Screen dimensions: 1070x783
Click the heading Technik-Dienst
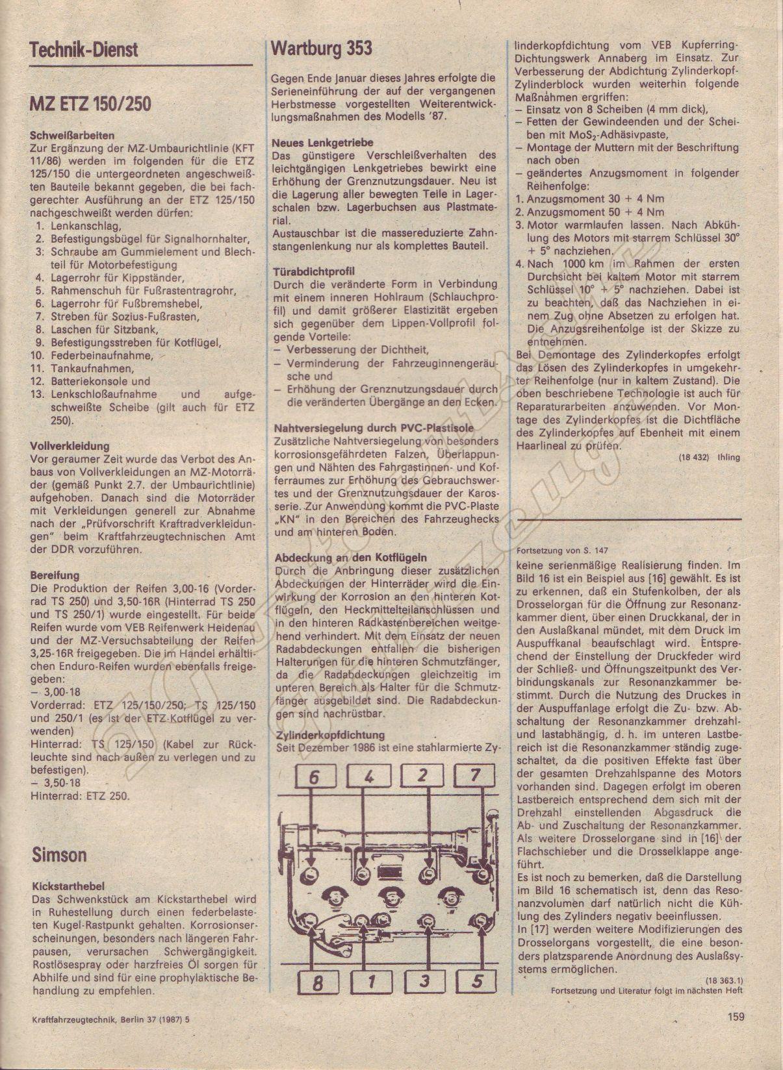pyautogui.click(x=84, y=51)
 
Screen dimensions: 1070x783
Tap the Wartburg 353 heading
pyautogui.click(x=322, y=48)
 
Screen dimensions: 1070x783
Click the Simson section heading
pyautogui.click(x=59, y=854)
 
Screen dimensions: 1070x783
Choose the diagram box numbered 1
pyautogui.click(x=371, y=981)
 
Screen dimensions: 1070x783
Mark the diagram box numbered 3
pyautogui.click(x=424, y=981)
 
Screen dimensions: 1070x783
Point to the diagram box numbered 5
pyautogui.click(x=478, y=981)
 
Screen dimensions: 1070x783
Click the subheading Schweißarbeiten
pyautogui.click(x=72, y=136)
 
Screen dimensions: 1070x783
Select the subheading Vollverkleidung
pyautogui.click(x=70, y=446)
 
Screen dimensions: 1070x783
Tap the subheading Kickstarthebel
pyautogui.click(x=67, y=886)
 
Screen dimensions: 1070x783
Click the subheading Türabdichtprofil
pyautogui.click(x=313, y=271)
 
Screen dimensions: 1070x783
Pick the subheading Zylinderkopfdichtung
pyautogui.click(x=329, y=735)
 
